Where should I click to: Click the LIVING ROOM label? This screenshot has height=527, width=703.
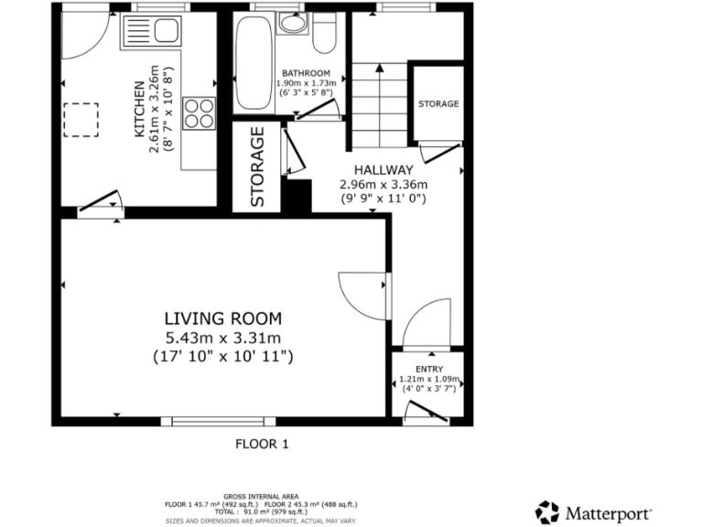[x=222, y=318]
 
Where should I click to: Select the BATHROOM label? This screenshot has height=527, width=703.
[x=306, y=73]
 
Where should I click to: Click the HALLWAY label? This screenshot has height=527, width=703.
[x=384, y=170]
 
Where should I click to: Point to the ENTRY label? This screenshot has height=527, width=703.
[x=428, y=369]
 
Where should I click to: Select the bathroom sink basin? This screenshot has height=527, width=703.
[x=293, y=25]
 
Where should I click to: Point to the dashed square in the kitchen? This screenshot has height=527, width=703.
[x=80, y=121]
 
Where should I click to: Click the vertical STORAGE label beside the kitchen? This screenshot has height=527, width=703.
[x=259, y=166]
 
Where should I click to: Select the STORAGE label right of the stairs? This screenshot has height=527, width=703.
[x=438, y=104]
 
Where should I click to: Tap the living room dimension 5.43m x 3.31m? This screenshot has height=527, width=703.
[x=222, y=339]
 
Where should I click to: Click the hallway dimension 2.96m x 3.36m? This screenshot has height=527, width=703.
[x=383, y=184]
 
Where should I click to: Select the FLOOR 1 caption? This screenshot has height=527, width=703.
[x=262, y=445]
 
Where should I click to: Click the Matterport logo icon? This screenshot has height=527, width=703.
[x=547, y=511]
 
